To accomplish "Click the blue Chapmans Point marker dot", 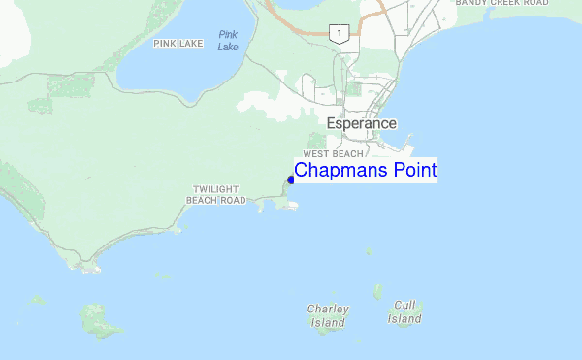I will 291,180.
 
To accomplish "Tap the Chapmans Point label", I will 365,171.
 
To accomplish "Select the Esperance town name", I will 361,124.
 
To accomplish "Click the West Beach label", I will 333,154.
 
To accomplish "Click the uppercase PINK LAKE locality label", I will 178,43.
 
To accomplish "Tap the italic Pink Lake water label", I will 228,41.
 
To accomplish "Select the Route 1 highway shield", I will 338,34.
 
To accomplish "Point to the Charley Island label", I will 327,315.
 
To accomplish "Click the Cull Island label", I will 404,311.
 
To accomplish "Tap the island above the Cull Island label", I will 378,291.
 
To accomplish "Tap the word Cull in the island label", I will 405,305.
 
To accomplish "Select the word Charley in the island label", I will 327,310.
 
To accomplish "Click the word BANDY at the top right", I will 472,4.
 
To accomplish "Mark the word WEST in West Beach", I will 317,154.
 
